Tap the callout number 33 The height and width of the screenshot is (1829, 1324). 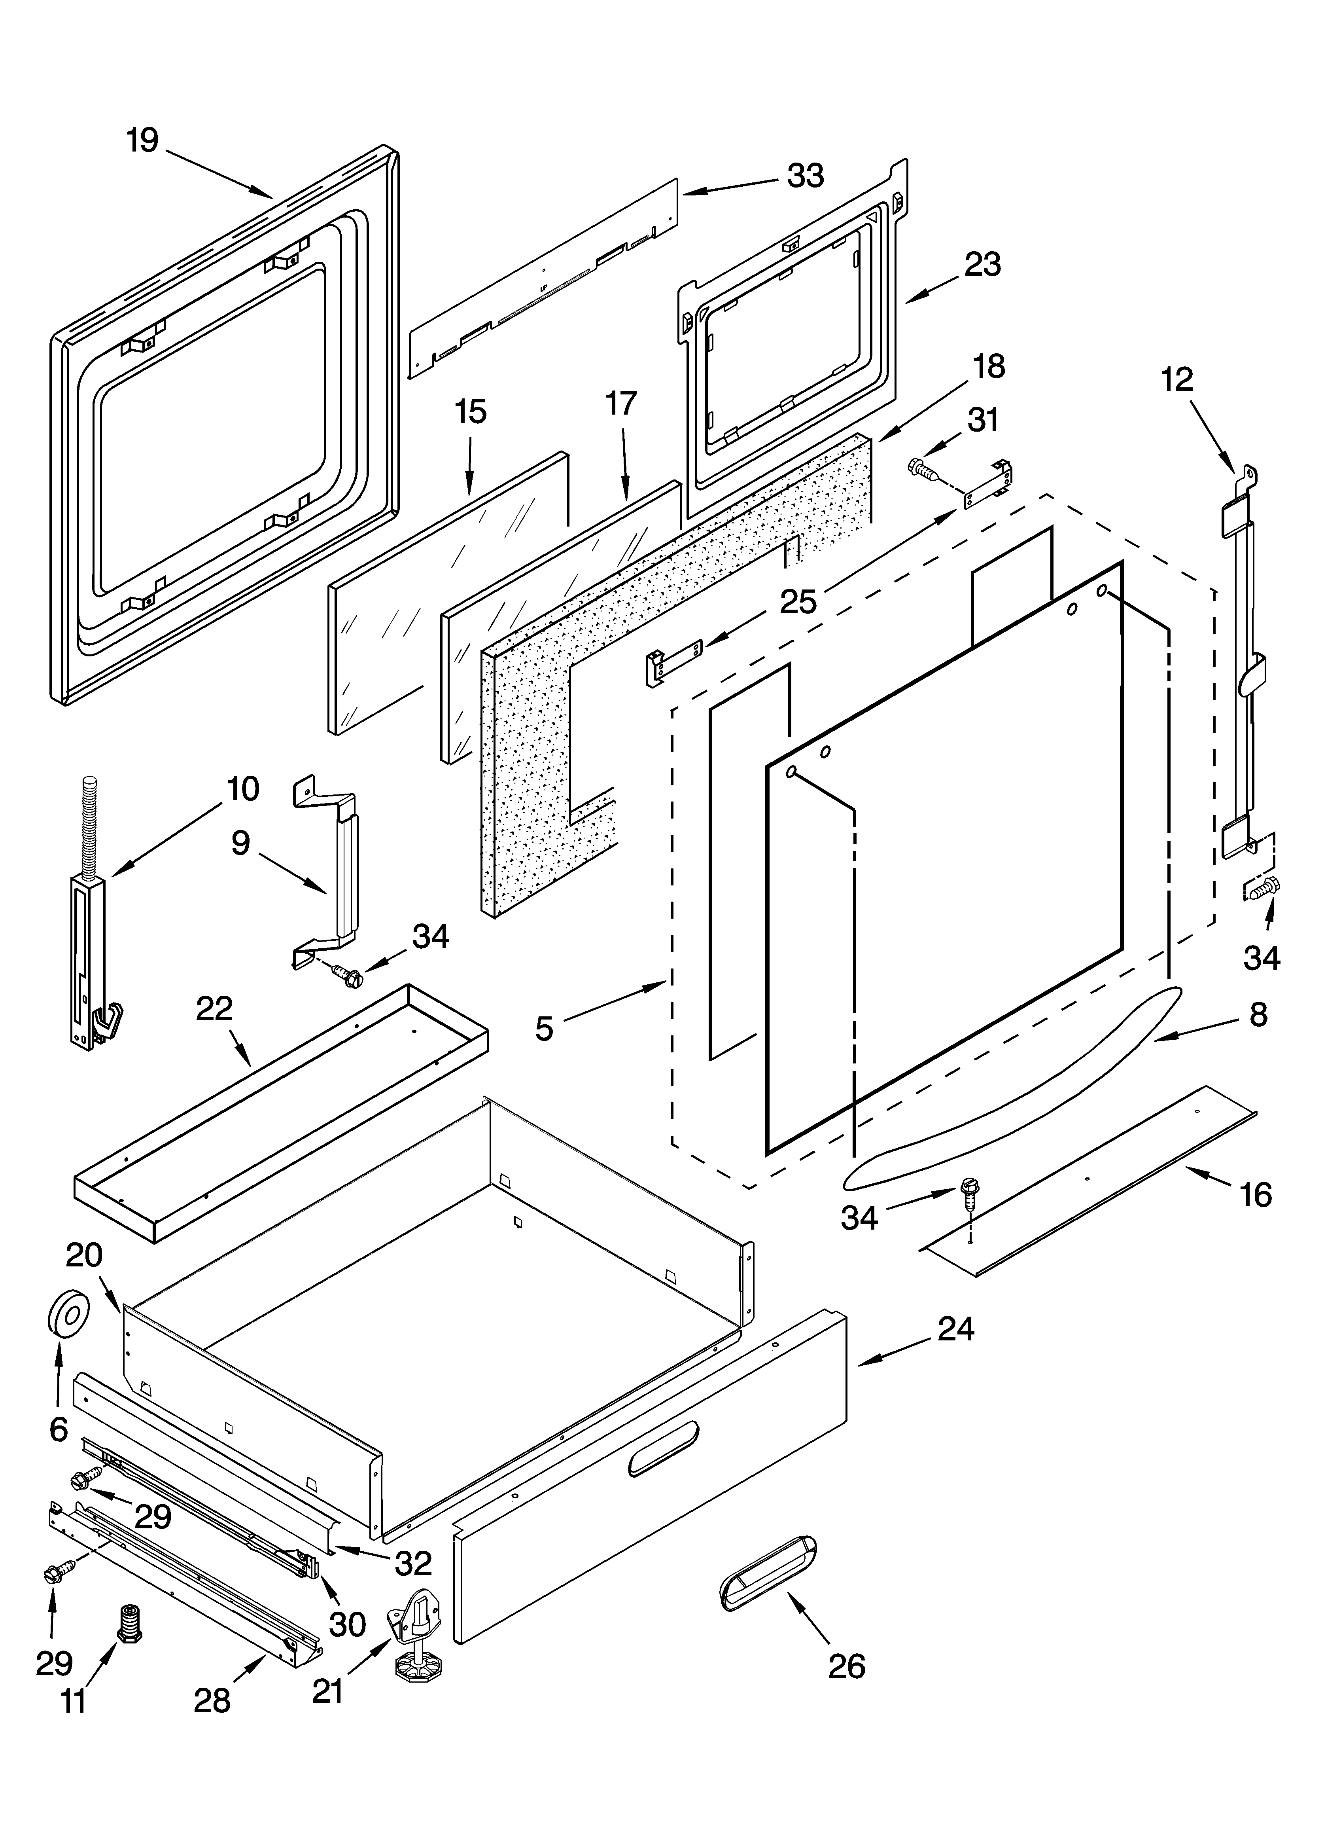pyautogui.click(x=806, y=176)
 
